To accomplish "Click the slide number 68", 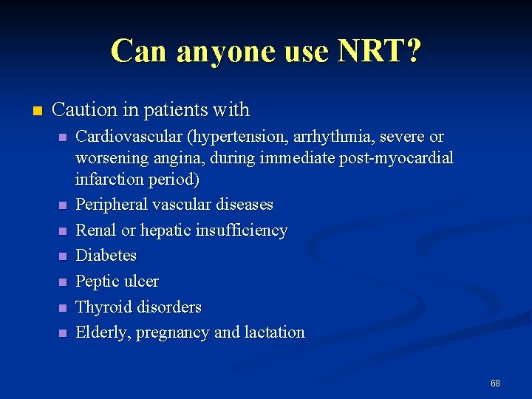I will pyautogui.click(x=495, y=383).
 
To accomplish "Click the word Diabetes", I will pyautogui.click(x=106, y=256).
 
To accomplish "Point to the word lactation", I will pyautogui.click(x=278, y=332).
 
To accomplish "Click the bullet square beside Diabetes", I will pyautogui.click(x=64, y=256).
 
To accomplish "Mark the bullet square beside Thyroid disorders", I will pyautogui.click(x=64, y=307).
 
